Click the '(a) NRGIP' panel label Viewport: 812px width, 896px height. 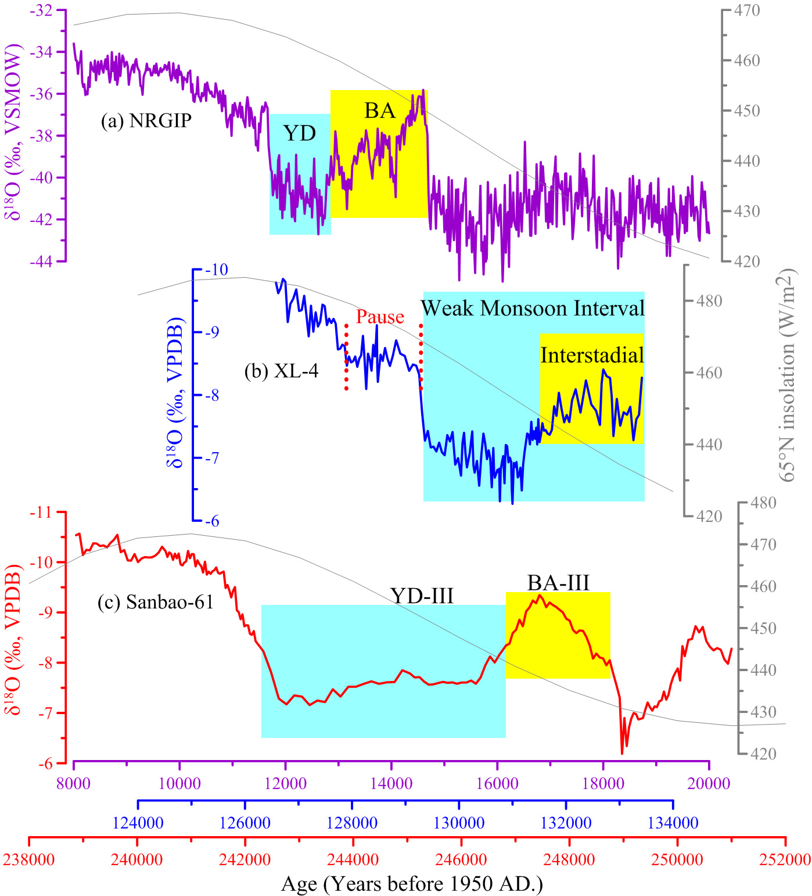tap(146, 120)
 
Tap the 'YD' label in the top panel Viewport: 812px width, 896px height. tap(300, 134)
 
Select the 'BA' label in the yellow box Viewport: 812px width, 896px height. tap(380, 110)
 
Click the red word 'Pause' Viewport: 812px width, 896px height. tap(380, 317)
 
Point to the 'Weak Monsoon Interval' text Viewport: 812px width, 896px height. tap(533, 308)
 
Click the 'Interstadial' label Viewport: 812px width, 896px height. tap(592, 355)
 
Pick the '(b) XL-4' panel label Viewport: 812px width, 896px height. tap(281, 371)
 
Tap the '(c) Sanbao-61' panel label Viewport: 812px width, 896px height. tap(155, 602)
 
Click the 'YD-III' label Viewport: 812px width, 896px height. tap(422, 596)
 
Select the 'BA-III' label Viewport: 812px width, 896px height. tap(558, 582)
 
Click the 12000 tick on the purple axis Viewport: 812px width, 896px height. tap(285, 783)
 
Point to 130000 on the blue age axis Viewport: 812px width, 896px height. tap(459, 823)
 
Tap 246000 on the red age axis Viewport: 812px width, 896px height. tap(461, 859)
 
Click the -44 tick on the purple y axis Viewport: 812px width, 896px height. tap(41, 261)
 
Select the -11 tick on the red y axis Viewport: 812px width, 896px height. tap(41, 512)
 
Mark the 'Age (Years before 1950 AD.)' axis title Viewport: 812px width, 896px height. tap(412, 884)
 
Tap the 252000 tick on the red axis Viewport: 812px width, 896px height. tap(785, 859)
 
